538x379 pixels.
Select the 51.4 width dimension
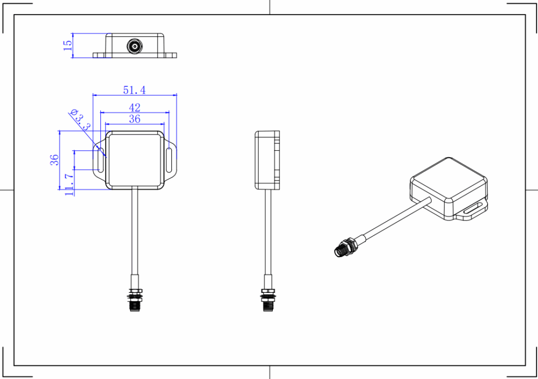(x=134, y=90)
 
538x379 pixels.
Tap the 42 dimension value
(x=134, y=107)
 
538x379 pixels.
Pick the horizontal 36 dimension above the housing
(x=134, y=119)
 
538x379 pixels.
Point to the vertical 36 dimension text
(x=54, y=160)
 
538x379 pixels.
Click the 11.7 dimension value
(x=69, y=185)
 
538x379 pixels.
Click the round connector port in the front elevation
(x=135, y=46)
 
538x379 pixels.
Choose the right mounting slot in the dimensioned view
(x=170, y=160)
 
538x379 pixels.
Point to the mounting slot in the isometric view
(x=474, y=209)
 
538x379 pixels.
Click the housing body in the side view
(x=267, y=160)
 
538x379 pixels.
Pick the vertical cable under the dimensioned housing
(x=135, y=231)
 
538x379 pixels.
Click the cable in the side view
(x=268, y=231)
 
